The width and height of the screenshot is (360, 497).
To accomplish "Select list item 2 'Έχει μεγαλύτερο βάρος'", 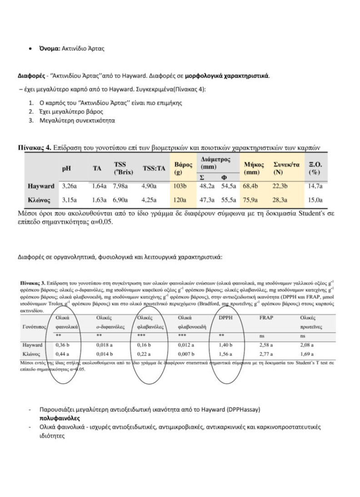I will pos(72,111).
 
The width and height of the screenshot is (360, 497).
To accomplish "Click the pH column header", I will pos(66,168).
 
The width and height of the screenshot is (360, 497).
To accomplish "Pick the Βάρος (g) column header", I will pos(183,168).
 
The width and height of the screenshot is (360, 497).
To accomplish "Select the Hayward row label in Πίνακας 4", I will pos(41,186).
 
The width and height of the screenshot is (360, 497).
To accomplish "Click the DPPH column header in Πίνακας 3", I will pos(225,318).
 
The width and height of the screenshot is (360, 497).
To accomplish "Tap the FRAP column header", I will pos(266,318).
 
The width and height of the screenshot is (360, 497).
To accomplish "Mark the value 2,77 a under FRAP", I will pos(268,353).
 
